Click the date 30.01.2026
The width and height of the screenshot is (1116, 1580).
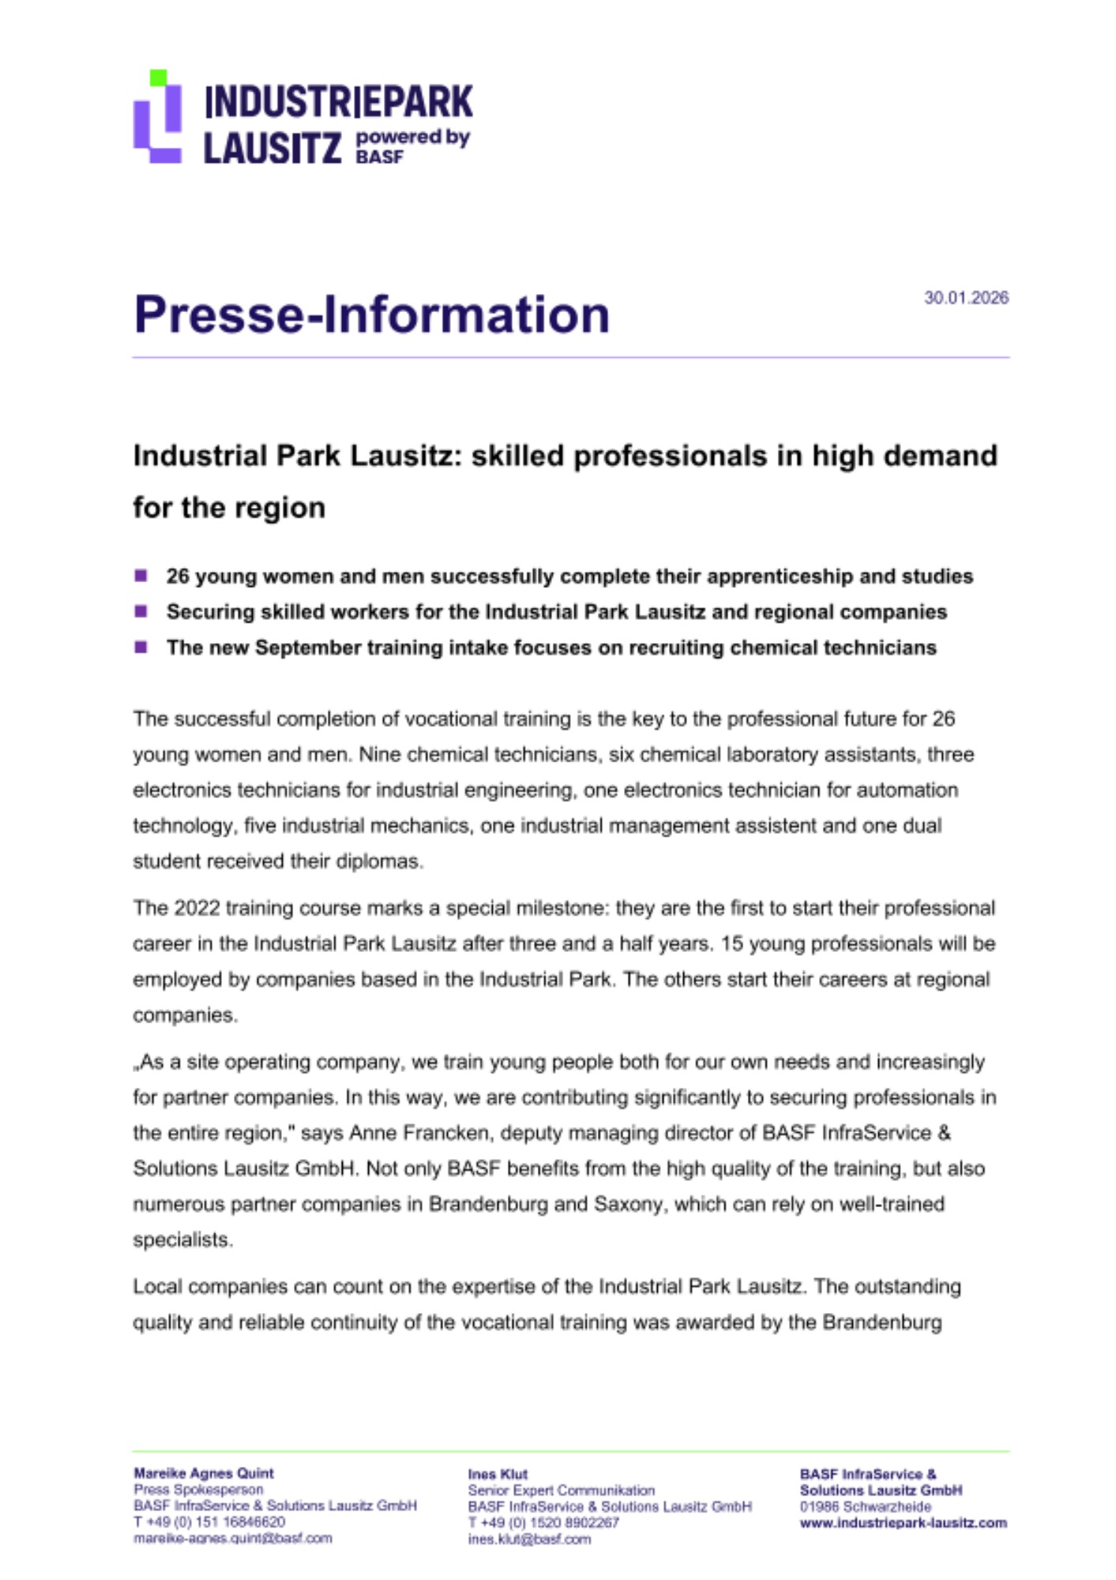[966, 298]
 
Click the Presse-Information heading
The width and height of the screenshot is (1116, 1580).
[371, 314]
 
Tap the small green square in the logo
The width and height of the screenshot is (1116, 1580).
[158, 77]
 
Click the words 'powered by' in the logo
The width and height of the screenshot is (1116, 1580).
[412, 137]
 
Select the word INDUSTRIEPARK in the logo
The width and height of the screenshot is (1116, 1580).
[338, 102]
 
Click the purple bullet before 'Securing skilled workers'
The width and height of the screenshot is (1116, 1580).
[141, 611]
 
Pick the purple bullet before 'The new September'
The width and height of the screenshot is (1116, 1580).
[141, 647]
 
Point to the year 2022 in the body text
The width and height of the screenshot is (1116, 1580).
[197, 908]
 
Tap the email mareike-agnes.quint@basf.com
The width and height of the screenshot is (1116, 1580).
[233, 1538]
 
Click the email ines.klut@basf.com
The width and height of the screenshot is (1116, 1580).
[528, 1539]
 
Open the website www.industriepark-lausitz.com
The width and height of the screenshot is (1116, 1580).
[903, 1522]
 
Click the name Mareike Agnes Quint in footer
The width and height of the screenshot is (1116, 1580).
[204, 1473]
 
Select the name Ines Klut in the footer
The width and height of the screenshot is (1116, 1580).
[498, 1474]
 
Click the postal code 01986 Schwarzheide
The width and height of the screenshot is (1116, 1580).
[865, 1507]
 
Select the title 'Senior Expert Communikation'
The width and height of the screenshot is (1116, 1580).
[561, 1490]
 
